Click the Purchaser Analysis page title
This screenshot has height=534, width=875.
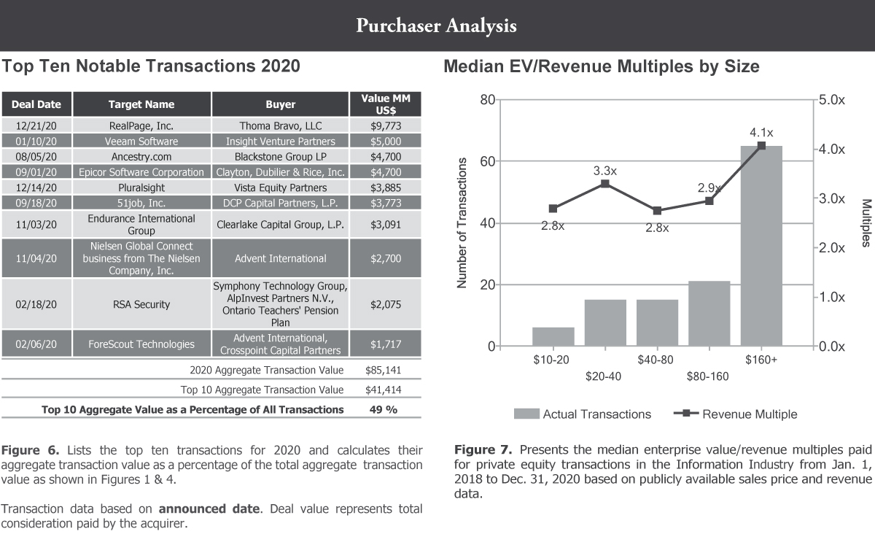pyautogui.click(x=437, y=26)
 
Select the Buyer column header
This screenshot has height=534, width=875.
pyautogui.click(x=281, y=104)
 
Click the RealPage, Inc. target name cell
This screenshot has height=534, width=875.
pyautogui.click(x=141, y=125)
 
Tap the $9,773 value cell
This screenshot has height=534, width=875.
pyautogui.click(x=385, y=125)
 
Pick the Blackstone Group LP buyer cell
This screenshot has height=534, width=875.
pyautogui.click(x=281, y=156)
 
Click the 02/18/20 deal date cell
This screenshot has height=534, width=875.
pyautogui.click(x=36, y=304)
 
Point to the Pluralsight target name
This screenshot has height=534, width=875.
pyautogui.click(x=141, y=187)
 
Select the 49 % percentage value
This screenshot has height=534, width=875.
pyautogui.click(x=384, y=409)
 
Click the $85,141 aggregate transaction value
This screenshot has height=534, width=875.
pyautogui.click(x=384, y=370)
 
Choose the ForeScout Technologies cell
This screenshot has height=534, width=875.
pyautogui.click(x=141, y=344)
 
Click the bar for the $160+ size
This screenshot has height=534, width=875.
pyautogui.click(x=761, y=246)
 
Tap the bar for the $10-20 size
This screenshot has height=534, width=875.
pyautogui.click(x=553, y=337)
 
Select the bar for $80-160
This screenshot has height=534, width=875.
pyautogui.click(x=709, y=314)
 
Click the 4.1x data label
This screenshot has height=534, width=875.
pyautogui.click(x=761, y=133)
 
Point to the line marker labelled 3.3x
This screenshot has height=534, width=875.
pyautogui.click(x=605, y=184)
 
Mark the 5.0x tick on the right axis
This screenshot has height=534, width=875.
pyautogui.click(x=831, y=99)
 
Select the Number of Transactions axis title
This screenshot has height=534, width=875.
pyautogui.click(x=462, y=222)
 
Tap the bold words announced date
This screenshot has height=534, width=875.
pyautogui.click(x=215, y=508)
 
